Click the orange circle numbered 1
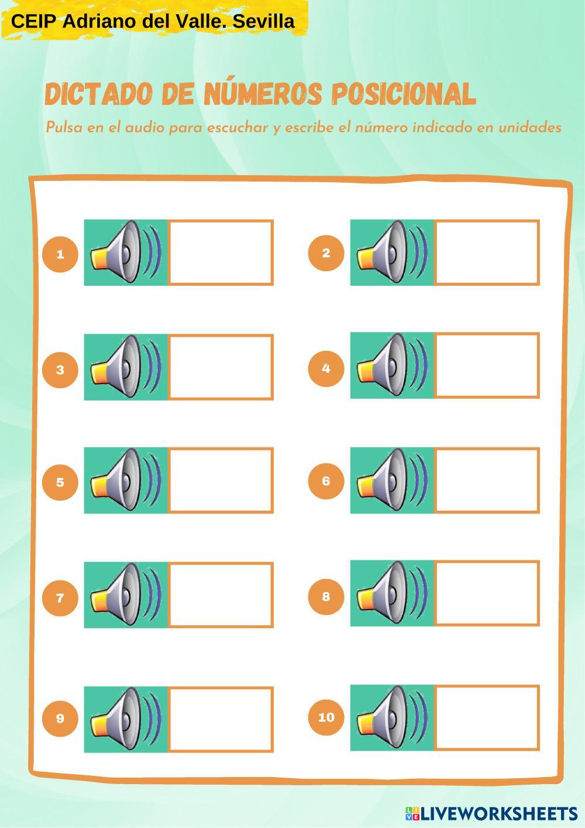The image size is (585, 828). (x=60, y=254)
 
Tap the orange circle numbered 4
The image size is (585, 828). (x=326, y=368)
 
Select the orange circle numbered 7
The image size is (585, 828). (x=60, y=598)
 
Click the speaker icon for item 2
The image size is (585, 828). (x=392, y=252)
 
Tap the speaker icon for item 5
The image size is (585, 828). (x=126, y=480)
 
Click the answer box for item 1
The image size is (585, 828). (x=221, y=252)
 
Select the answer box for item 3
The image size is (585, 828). (x=221, y=367)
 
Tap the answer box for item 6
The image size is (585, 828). (x=487, y=480)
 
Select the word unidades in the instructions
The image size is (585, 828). (x=530, y=128)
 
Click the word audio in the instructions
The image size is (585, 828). (x=144, y=128)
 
